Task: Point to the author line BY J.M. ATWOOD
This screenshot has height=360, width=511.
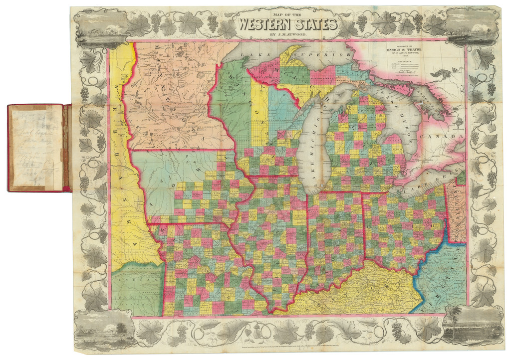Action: click(288, 34)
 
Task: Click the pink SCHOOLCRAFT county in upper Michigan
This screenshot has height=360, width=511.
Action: click(324, 80)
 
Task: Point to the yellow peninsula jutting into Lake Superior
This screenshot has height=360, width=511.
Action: click(290, 55)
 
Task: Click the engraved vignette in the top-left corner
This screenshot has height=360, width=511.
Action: click(98, 27)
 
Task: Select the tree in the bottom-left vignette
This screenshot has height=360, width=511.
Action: click(120, 328)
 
